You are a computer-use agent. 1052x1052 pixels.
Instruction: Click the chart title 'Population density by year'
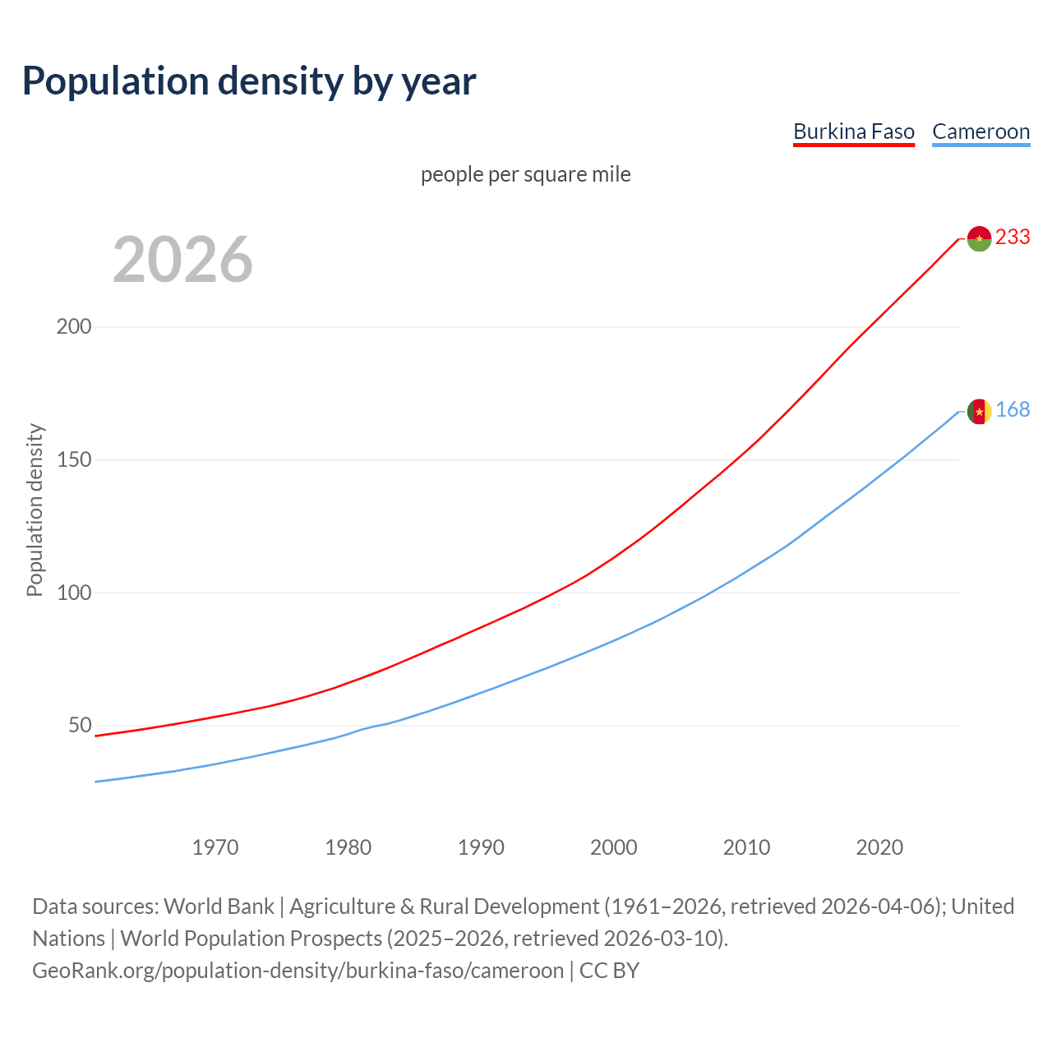coord(249,81)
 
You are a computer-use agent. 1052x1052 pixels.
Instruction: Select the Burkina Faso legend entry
coord(853,131)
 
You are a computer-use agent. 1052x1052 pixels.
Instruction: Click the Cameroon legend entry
coord(980,131)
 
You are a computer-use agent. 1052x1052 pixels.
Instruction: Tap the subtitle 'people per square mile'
coord(526,175)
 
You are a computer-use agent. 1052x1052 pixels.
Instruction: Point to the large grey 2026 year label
coord(182,260)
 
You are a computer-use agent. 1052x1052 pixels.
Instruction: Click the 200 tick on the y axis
coord(74,327)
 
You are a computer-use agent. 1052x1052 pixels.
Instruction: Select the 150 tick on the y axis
coord(74,460)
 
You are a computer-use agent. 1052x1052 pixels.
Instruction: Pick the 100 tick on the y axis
coord(74,593)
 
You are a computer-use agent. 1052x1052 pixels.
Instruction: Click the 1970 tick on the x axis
coord(215,847)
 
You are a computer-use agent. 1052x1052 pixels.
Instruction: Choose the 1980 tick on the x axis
coord(348,847)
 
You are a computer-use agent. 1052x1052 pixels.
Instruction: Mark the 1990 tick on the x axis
coord(481,847)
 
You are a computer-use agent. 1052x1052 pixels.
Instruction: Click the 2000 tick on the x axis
coord(614,847)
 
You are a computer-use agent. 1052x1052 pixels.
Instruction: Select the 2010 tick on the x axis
coord(746,847)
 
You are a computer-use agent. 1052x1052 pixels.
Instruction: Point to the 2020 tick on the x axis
coord(879,847)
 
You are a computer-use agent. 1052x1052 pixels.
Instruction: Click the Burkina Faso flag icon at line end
coord(979,238)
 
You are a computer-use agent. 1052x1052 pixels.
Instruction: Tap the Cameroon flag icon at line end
coord(979,412)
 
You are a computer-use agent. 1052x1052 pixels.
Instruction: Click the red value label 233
coord(1013,238)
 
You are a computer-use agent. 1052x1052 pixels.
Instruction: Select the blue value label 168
coord(1013,410)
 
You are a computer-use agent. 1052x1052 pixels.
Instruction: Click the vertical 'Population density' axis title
coord(35,510)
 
